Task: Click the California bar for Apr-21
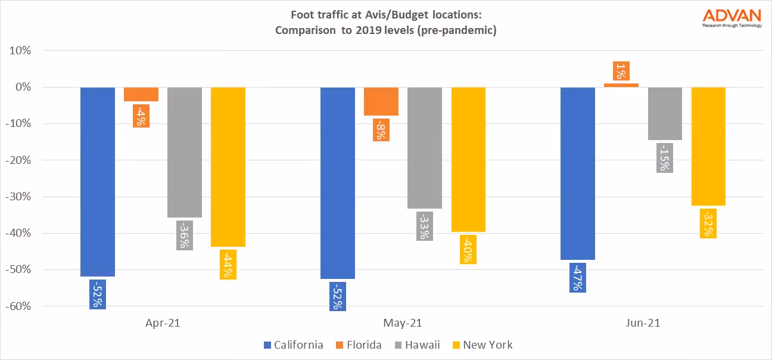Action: tap(98, 179)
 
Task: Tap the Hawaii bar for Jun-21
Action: tap(665, 113)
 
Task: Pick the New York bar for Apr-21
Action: tap(228, 167)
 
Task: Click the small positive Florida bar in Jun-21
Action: tap(621, 85)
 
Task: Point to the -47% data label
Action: tap(578, 278)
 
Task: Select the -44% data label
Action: tap(228, 264)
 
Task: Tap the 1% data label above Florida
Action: tap(621, 72)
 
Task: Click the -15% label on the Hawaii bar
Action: tap(665, 158)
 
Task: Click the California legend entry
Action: tap(294, 345)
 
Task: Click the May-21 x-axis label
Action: tap(403, 323)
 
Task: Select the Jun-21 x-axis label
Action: tap(643, 323)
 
